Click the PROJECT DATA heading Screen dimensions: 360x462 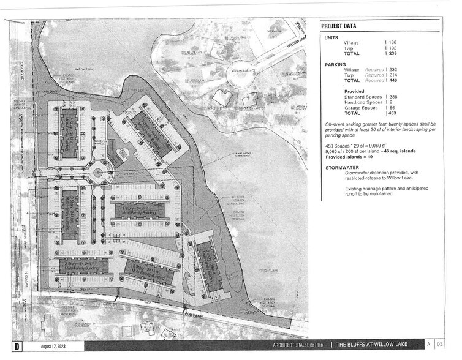tap(339, 26)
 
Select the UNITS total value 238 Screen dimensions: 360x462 tap(392, 54)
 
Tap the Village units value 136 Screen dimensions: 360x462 tap(392, 42)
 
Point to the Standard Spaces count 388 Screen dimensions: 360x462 tap(392, 97)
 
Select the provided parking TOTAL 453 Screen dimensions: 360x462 tap(392, 113)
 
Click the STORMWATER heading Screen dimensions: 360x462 tap(341, 167)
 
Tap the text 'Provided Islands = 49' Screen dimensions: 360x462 tap(349, 157)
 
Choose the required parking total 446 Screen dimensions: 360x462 tap(392, 80)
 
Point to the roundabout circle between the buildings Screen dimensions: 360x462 tap(99, 173)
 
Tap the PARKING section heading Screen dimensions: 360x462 tap(336, 64)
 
